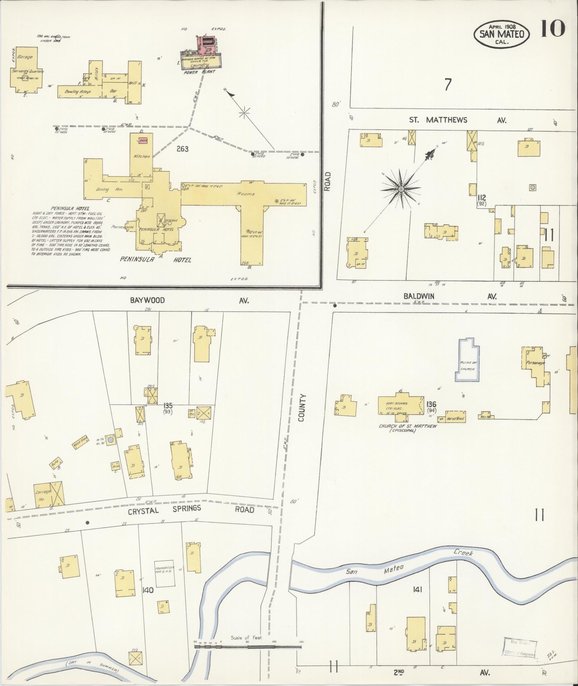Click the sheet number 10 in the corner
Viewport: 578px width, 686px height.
[553, 28]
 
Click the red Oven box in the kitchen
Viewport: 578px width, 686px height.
[143, 141]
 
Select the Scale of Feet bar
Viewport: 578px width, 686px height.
[247, 647]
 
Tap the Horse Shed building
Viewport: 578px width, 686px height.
[455, 418]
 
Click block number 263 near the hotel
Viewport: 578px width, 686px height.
[182, 148]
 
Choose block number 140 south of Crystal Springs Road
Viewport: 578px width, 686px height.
[148, 590]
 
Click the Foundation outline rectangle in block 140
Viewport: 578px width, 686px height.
[164, 574]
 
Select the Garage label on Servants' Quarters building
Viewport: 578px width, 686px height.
[25, 57]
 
